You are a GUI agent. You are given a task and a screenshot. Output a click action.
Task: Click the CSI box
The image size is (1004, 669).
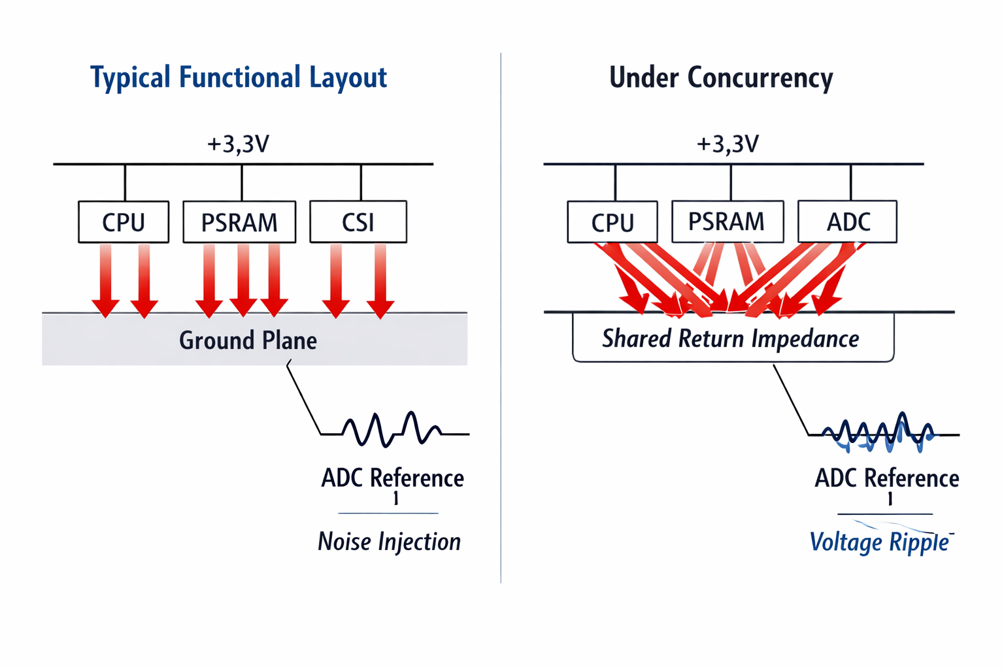point(358,222)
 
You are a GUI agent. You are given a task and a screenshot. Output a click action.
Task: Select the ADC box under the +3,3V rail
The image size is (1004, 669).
point(848,222)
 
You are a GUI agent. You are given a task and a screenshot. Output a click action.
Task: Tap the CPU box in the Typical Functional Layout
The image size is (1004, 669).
point(124,222)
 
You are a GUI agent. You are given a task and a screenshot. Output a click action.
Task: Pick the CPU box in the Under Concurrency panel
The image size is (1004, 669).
point(612,222)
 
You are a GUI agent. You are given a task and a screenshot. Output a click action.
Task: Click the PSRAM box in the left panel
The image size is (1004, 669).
point(239,222)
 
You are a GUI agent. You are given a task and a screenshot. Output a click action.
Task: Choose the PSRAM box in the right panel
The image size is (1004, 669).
point(727,221)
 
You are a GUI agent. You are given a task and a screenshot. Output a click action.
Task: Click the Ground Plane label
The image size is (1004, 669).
point(248,340)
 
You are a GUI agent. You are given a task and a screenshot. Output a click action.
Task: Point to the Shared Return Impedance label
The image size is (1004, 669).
point(731,338)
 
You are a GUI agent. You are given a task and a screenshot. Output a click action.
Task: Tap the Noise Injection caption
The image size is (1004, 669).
point(390,542)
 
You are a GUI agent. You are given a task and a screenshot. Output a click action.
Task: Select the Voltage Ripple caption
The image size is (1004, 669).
point(879,542)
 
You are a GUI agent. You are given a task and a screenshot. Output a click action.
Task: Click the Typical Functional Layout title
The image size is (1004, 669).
point(239,77)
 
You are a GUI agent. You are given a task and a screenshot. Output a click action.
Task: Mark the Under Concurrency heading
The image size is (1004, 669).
point(721,77)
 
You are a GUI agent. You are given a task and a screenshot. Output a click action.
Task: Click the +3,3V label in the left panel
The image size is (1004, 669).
point(239,144)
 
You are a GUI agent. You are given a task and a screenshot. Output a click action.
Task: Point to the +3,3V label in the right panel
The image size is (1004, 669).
point(728,144)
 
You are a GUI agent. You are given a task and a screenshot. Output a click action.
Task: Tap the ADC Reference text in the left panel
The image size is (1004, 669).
point(393,478)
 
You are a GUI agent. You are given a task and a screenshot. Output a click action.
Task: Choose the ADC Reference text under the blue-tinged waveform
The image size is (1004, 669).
point(887,478)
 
